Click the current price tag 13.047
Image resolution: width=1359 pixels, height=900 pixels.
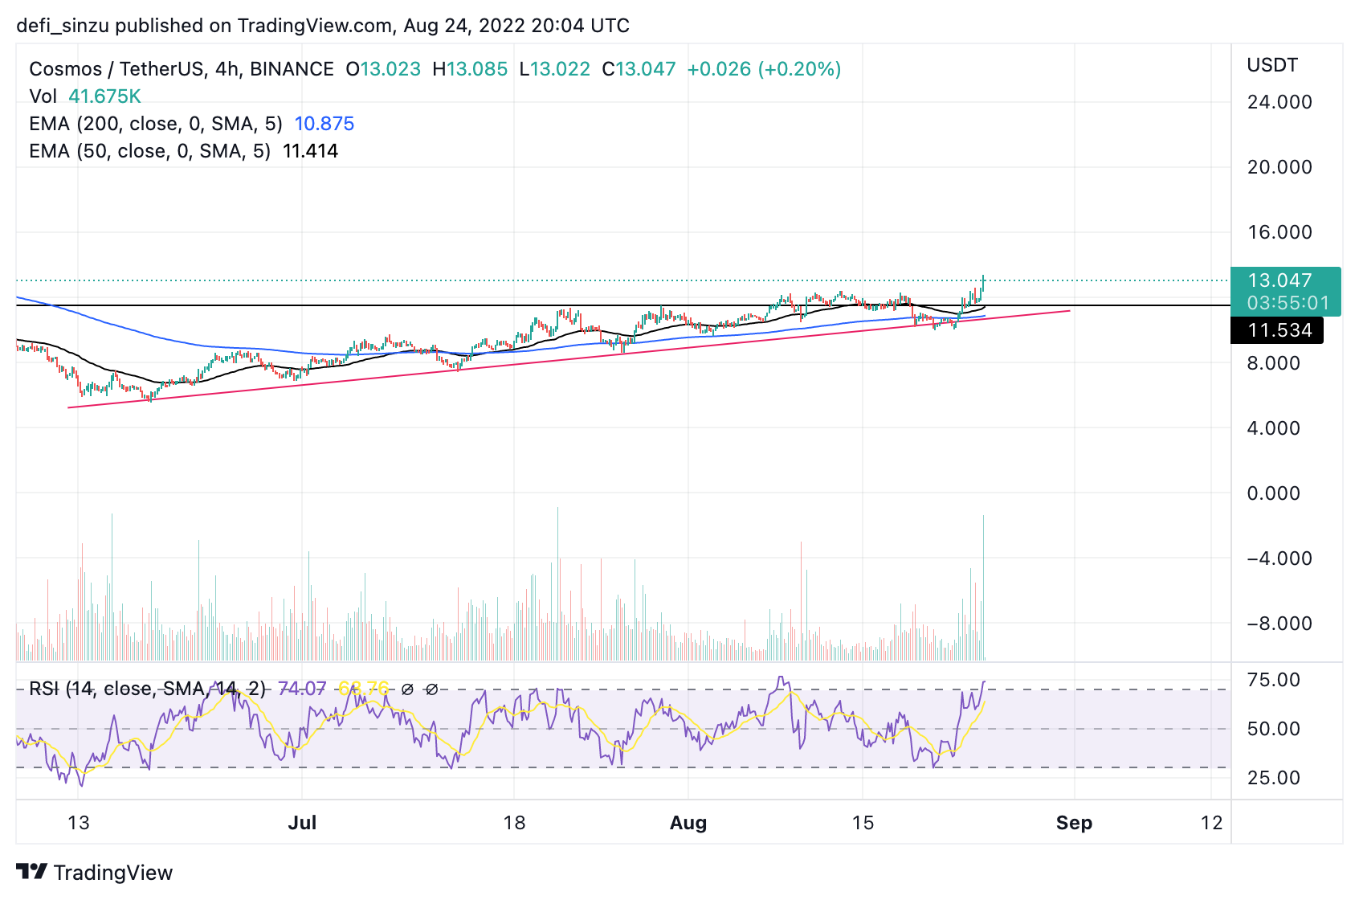(x=1279, y=280)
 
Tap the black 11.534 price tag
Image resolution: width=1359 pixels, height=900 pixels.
(x=1279, y=330)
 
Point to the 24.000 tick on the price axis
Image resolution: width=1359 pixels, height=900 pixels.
(x=1279, y=102)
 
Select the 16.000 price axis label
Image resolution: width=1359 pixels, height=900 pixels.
(x=1279, y=232)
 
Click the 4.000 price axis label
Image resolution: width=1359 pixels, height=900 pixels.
(x=1273, y=428)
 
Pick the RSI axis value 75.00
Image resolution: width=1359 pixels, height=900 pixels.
(x=1273, y=680)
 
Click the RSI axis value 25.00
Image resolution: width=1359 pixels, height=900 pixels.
(x=1273, y=778)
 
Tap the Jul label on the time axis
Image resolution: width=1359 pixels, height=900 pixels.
(x=302, y=823)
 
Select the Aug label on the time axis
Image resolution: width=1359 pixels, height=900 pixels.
(x=688, y=823)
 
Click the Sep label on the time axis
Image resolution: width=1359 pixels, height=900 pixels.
(x=1074, y=823)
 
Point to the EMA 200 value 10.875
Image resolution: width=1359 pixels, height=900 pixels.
(x=324, y=124)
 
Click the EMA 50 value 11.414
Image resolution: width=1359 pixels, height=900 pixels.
(x=310, y=151)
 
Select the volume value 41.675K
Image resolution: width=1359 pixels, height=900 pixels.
(x=104, y=96)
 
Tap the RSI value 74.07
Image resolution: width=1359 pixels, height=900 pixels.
(x=302, y=689)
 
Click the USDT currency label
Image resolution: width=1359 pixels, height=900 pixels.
(x=1272, y=65)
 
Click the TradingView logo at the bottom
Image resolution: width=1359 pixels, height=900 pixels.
(x=95, y=873)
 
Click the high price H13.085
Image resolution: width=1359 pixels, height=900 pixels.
(x=470, y=69)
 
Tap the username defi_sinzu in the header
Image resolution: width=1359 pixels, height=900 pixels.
(x=63, y=26)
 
